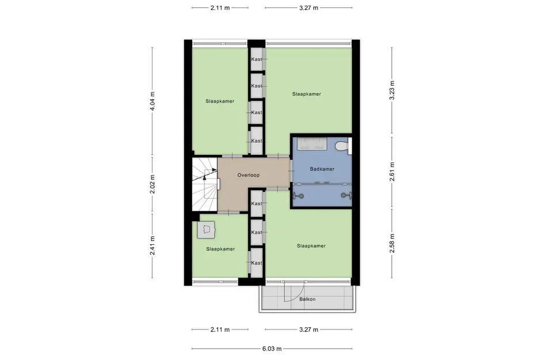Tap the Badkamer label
[322, 169]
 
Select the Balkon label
[307, 300]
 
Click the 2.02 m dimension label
[153, 184]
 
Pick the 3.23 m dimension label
[392, 91]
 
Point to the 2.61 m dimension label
[392, 173]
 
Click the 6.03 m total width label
[272, 348]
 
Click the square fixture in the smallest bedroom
[206, 229]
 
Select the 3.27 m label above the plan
[309, 8]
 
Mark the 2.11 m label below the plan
[220, 330]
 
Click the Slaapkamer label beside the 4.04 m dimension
[220, 101]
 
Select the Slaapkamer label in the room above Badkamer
[306, 93]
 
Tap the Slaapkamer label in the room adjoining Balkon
[311, 246]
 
